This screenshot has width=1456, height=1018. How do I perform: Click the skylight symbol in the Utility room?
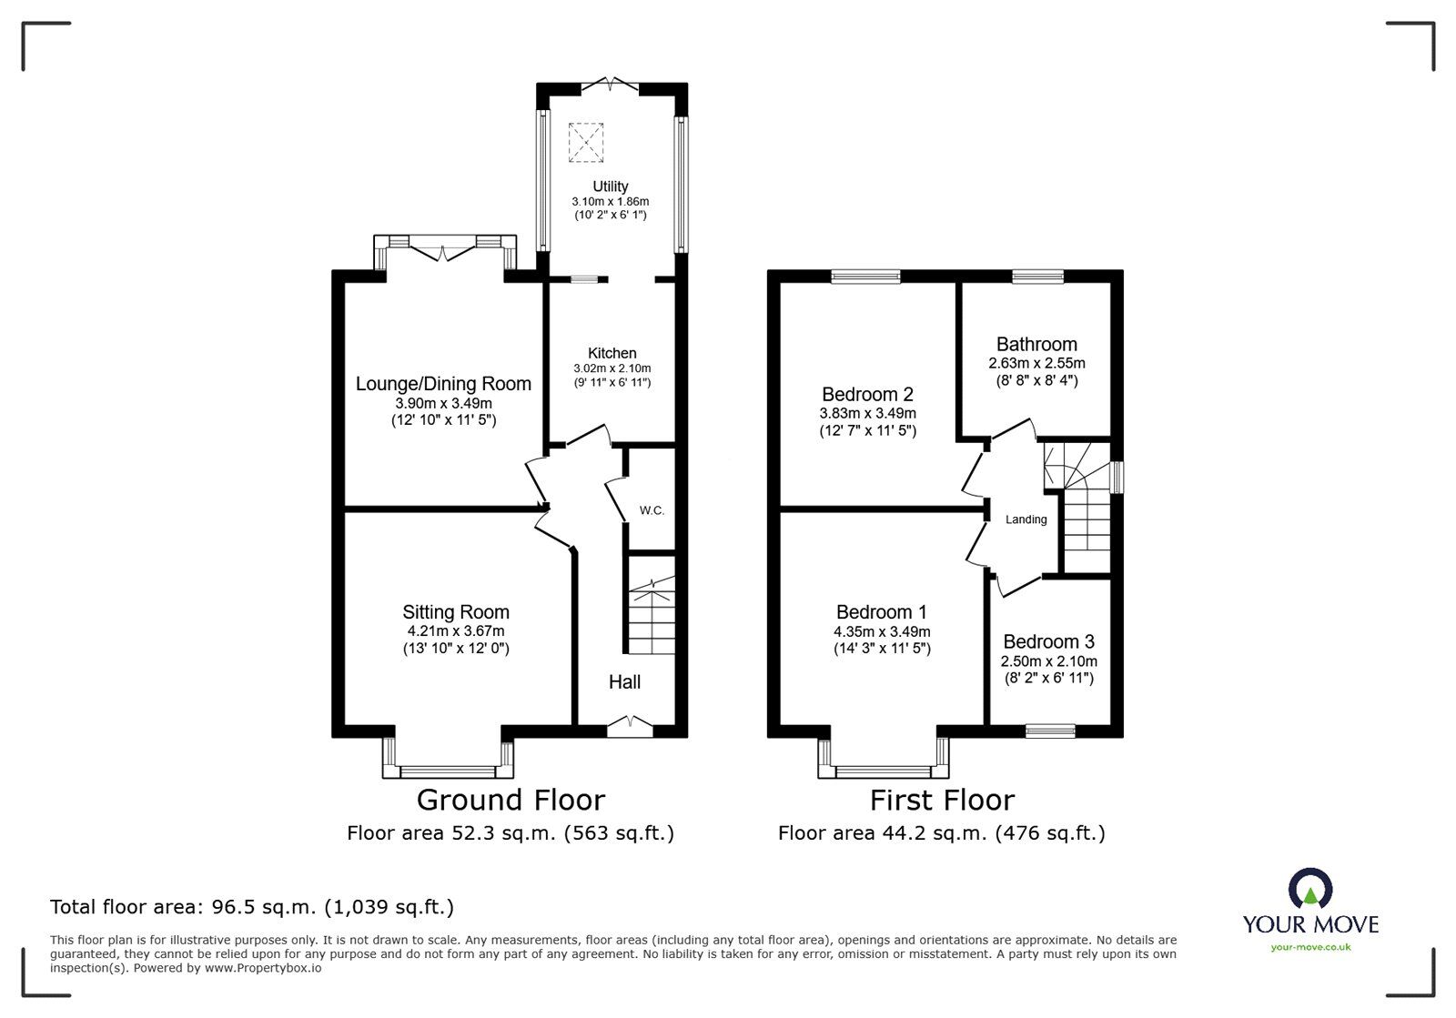point(586,142)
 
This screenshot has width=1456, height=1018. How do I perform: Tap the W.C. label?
point(652,510)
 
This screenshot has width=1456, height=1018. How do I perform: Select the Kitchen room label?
point(612,353)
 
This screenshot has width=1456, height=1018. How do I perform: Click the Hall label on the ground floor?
point(625,682)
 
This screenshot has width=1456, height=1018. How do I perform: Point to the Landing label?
point(1026,519)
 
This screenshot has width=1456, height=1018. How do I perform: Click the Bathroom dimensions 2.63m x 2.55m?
point(1036,363)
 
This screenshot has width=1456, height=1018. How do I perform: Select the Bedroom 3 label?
point(1048,641)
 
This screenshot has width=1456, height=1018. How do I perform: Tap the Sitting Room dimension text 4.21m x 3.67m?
point(456,630)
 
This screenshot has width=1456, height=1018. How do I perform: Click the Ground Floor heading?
point(511,800)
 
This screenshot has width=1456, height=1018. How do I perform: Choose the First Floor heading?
point(942,800)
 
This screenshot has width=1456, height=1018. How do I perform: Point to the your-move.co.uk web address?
point(1310,947)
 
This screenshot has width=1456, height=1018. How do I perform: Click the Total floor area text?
point(252,907)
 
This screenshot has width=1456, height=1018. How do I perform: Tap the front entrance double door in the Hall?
point(630,725)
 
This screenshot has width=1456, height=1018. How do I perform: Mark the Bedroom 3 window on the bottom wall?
point(1050,730)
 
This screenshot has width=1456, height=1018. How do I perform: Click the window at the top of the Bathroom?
point(1038,276)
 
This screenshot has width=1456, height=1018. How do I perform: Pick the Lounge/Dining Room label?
point(443,384)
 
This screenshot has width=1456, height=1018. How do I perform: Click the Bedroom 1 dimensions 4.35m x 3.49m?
point(882,631)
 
